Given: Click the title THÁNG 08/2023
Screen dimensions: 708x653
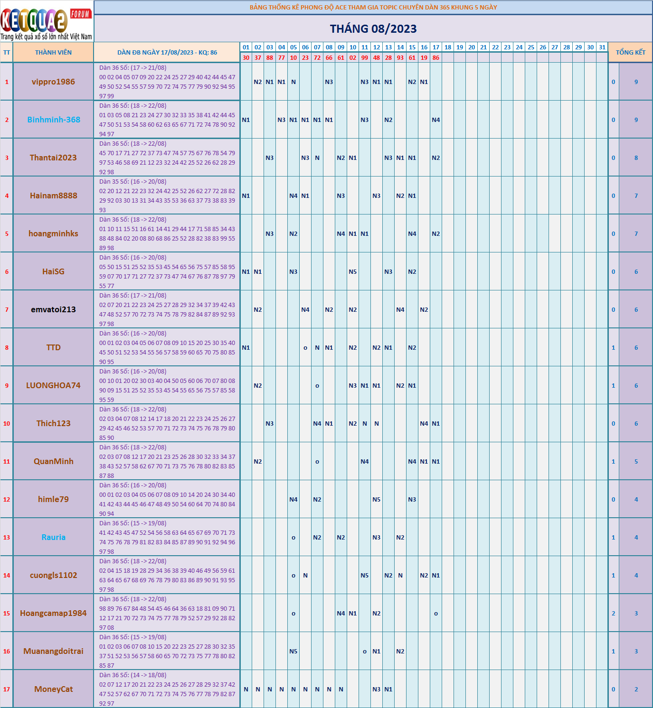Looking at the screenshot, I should [373, 29].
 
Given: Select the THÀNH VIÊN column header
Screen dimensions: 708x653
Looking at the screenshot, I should [53, 53].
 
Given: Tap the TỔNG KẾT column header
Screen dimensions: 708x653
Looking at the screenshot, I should [630, 53].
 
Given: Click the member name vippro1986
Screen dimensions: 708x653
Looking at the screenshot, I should [53, 82].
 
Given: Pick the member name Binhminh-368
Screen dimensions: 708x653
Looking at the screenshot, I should [53, 120].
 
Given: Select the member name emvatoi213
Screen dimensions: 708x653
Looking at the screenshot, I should [53, 309].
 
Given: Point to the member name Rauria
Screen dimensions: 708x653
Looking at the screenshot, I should [53, 537].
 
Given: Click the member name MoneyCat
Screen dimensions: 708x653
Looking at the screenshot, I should [53, 689].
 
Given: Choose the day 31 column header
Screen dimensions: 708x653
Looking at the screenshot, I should [602, 47].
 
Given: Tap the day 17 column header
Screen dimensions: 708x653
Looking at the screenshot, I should [436, 47].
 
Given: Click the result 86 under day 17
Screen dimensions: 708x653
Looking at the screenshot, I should [436, 58].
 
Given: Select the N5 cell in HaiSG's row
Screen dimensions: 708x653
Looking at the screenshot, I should [353, 272].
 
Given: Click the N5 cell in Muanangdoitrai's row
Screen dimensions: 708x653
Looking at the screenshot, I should [293, 652].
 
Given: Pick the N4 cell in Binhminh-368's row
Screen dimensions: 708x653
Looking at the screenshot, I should [436, 120].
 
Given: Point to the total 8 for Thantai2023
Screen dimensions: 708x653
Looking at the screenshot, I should [636, 158].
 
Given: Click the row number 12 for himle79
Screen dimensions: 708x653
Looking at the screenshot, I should [7, 500].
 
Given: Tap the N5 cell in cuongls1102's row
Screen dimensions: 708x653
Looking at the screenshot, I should [365, 576].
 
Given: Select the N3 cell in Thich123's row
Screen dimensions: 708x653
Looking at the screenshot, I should [270, 424].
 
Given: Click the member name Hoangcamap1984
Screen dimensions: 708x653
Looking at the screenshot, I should [53, 613].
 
